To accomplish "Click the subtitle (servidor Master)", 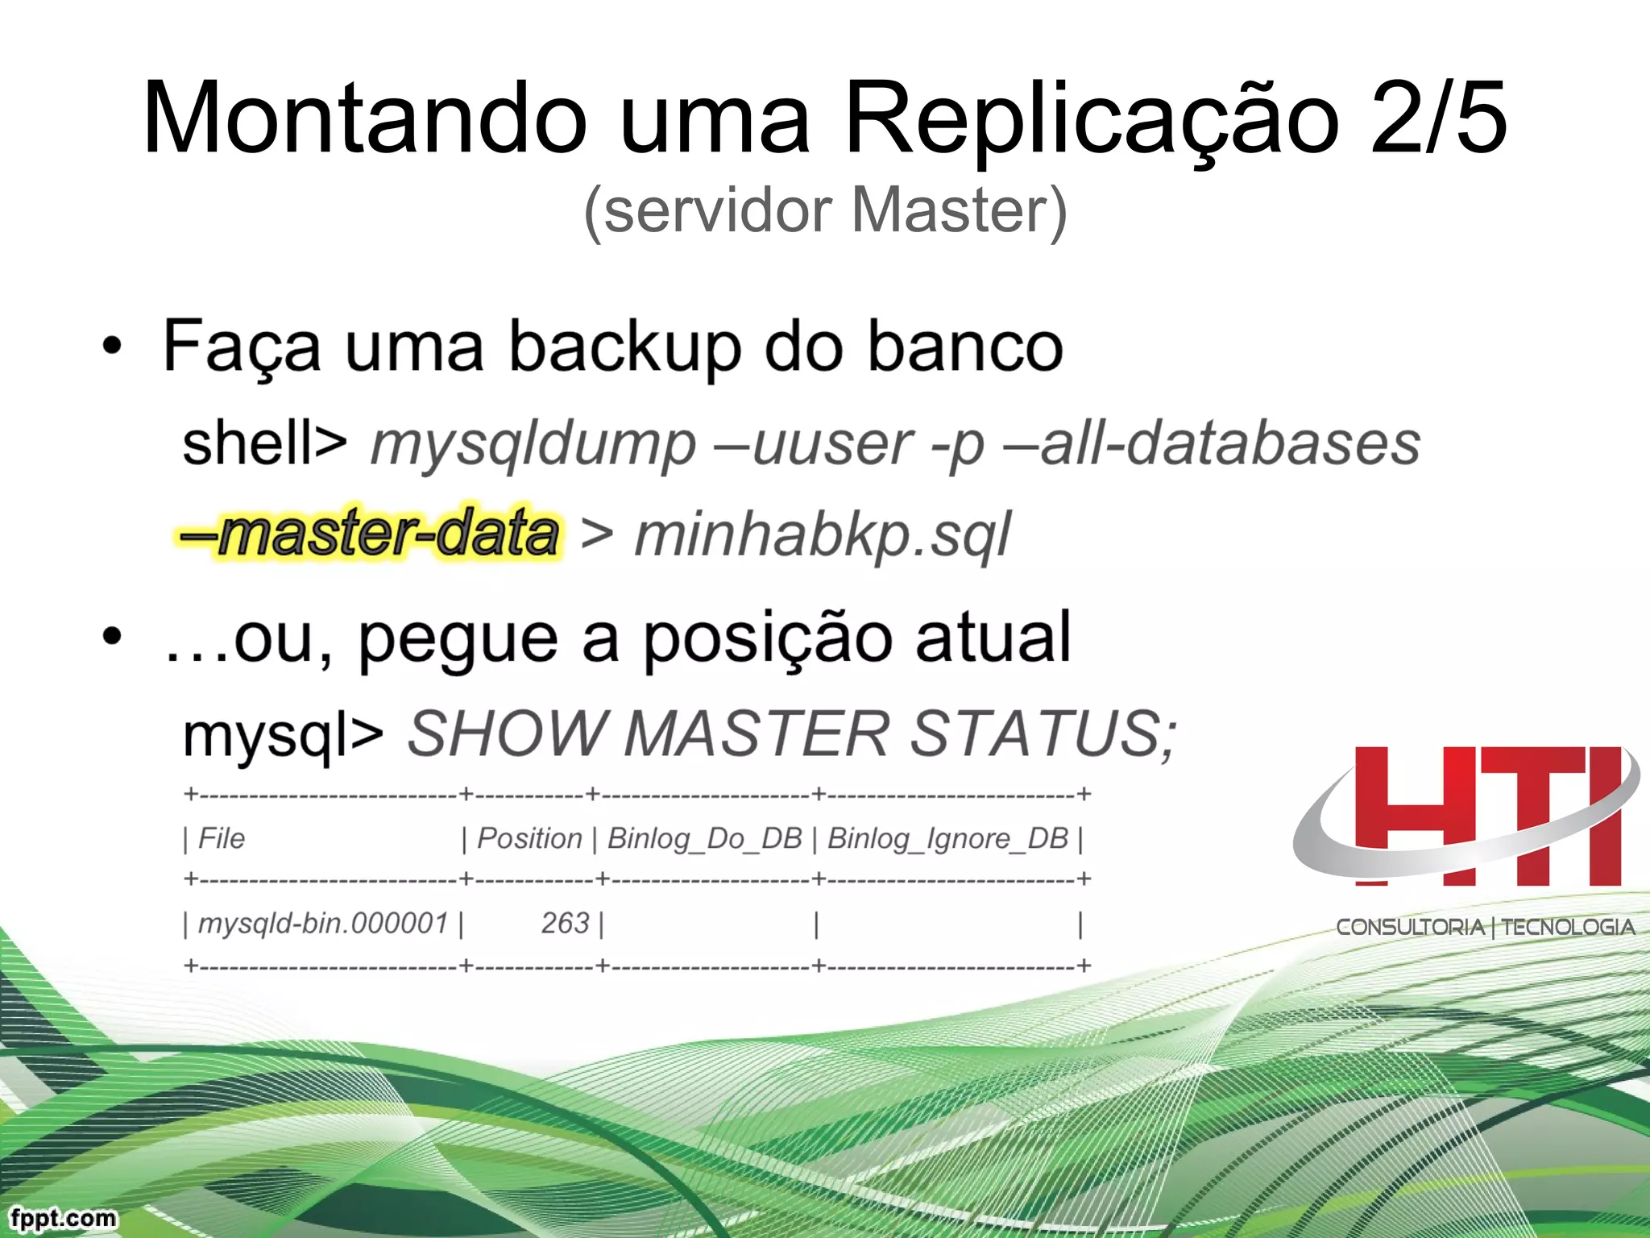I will tap(825, 211).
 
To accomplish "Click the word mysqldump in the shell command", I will tap(533, 444).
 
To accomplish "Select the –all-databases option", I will tap(1213, 444).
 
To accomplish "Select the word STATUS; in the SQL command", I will tap(1044, 733).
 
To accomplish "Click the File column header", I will tap(222, 839).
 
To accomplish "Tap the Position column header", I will tap(529, 839).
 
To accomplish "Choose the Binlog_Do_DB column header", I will tap(705, 839).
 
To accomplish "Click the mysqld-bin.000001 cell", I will tap(323, 924).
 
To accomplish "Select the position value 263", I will tap(566, 924).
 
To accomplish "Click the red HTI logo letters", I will tap(1487, 816).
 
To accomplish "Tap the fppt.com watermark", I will tap(64, 1217).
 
